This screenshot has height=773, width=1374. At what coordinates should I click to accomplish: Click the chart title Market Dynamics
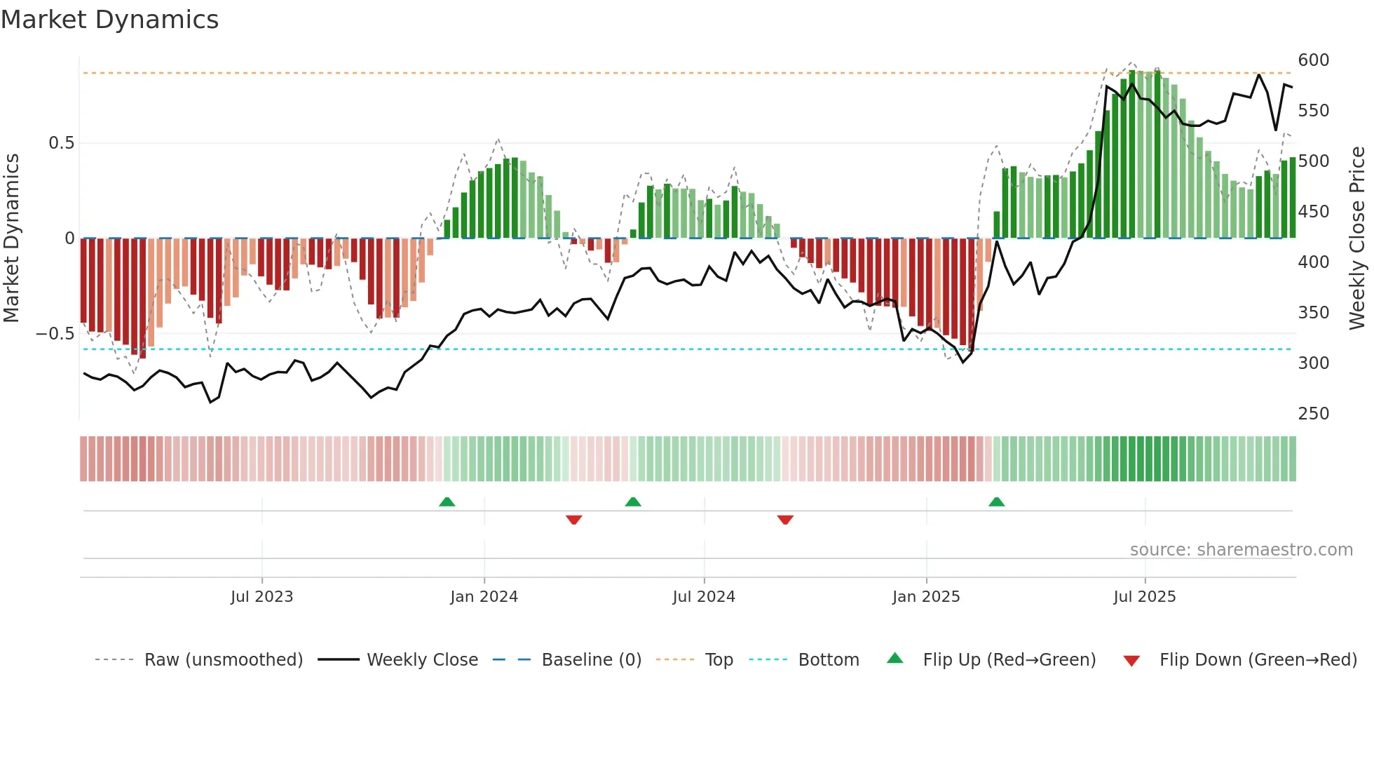click(x=109, y=20)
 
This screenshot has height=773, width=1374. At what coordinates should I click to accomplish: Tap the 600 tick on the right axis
click(x=1313, y=60)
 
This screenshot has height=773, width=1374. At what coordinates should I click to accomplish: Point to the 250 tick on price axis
click(x=1313, y=414)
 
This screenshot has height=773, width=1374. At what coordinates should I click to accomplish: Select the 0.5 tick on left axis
click(x=61, y=143)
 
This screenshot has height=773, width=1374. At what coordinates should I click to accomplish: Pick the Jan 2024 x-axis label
click(x=484, y=597)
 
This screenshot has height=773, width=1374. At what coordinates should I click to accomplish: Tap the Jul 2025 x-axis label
click(x=1144, y=597)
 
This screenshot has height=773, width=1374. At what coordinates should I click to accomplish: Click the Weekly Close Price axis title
click(x=1357, y=238)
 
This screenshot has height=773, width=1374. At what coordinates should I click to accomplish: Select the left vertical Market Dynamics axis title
click(x=11, y=238)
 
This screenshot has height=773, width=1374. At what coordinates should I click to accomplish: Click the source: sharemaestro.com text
click(x=1241, y=550)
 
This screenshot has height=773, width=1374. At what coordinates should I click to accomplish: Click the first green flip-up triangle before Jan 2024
click(x=447, y=502)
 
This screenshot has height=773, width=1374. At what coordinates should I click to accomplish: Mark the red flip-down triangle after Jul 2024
click(x=785, y=520)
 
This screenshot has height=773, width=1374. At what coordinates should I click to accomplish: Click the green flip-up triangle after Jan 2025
click(x=996, y=502)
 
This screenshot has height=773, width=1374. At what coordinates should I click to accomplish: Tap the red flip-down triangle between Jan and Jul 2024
click(x=573, y=520)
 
